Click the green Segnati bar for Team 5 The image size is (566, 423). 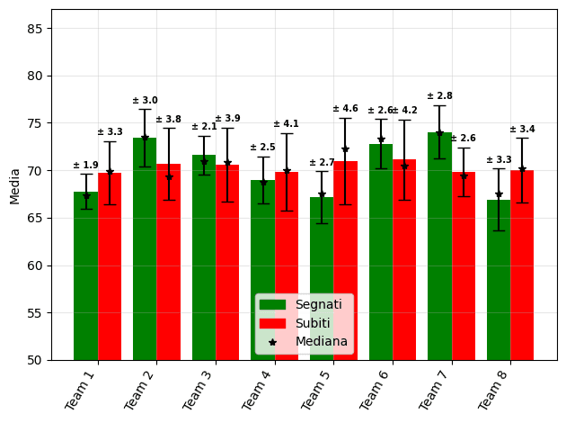[322, 278]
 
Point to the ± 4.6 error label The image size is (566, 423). [345, 109]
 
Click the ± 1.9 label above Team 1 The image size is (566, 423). [85, 166]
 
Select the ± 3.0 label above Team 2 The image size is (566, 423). [145, 101]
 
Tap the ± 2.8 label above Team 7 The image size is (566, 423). [439, 96]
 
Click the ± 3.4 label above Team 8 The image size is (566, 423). [522, 130]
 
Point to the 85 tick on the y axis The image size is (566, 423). [37, 29]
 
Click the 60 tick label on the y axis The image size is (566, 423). [37, 265]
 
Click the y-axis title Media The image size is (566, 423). [14, 185]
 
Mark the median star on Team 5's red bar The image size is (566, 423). [345, 149]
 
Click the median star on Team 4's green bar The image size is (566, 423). [263, 183]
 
